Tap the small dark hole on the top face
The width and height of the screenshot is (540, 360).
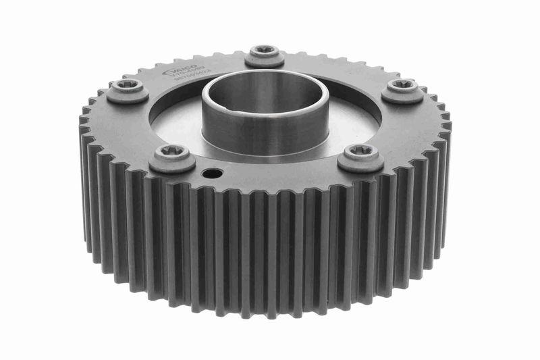point(214,174)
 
